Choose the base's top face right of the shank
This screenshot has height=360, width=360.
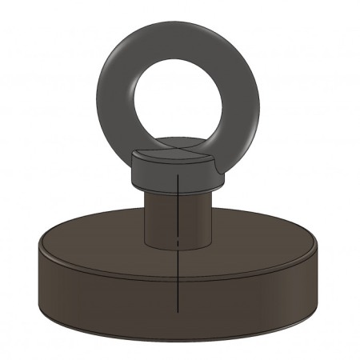point(256,240)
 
